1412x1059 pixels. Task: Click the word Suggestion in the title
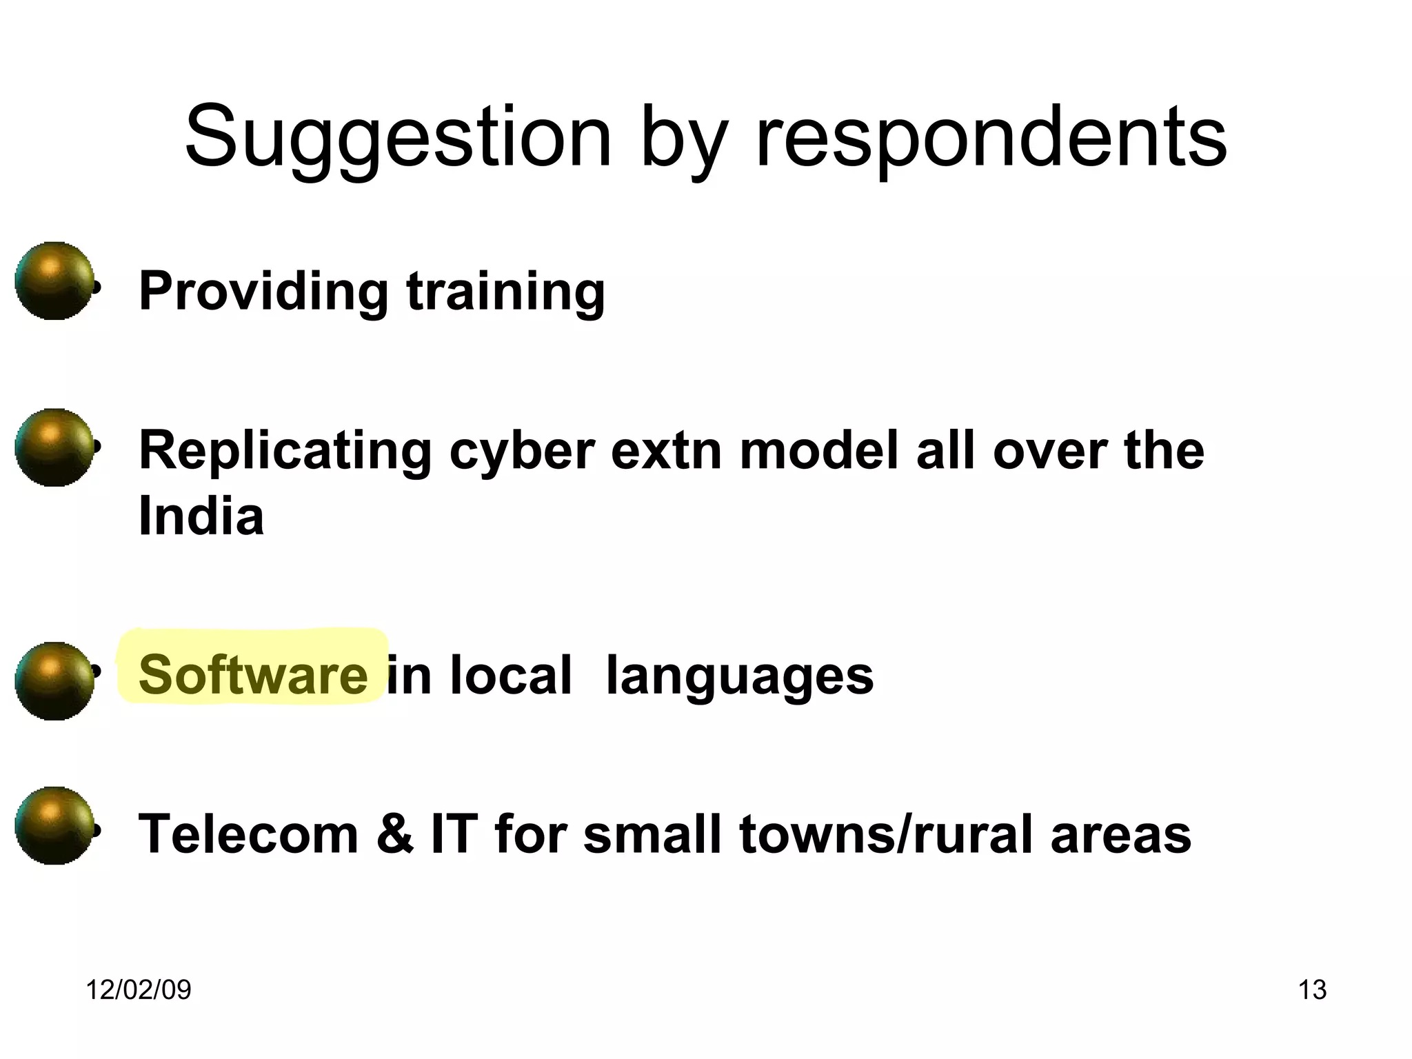398,138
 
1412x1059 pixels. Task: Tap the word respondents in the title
991,138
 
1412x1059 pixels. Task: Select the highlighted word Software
252,674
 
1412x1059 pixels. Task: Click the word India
201,516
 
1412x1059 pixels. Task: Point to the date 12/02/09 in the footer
138,990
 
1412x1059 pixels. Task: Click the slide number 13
1312,990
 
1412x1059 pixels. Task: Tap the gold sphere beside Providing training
54,281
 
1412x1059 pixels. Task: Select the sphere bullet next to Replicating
54,447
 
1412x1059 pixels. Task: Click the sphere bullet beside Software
54,681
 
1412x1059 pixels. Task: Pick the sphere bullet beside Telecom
54,825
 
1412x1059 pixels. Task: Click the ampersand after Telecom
395,834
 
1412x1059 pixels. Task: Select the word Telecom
248,834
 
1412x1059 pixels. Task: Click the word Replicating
285,452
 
